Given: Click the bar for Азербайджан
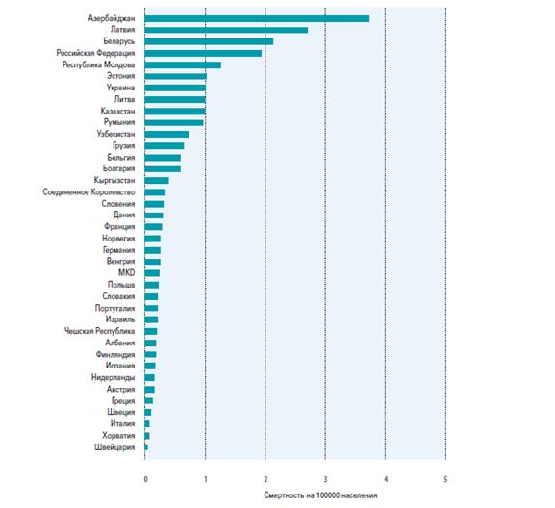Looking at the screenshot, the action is [257, 19].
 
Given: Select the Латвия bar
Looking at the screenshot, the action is [226, 30].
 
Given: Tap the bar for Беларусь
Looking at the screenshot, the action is [209, 41].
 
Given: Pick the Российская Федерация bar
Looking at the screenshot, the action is [203, 54].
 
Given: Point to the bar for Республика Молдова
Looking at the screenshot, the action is [183, 65].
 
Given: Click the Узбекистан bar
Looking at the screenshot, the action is [166, 135].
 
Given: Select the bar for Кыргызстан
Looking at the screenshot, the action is [157, 181].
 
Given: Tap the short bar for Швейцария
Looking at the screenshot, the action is [146, 447].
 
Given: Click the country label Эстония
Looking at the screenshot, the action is [120, 76].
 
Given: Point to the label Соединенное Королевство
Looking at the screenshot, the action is [88, 192].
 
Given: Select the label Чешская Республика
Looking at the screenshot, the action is [99, 331].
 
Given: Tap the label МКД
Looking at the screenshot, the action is [126, 273].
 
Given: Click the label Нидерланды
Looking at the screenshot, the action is [113, 378].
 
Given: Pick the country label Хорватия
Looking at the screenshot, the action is [118, 436].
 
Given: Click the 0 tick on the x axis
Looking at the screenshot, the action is [145, 480].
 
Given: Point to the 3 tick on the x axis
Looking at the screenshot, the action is [325, 480].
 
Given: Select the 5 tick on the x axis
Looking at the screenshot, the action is [445, 480].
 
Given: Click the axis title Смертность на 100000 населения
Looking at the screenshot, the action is [320, 495].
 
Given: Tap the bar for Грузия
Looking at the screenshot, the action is [164, 146].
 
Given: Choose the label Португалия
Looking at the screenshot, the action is [114, 308].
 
